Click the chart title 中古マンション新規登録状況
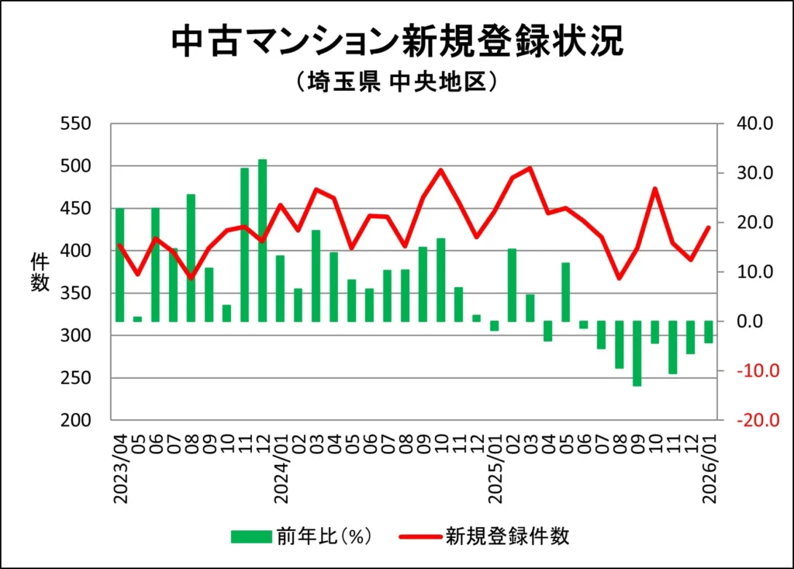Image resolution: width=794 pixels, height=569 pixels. [396, 43]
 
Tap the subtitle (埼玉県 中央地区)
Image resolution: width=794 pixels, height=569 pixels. [396, 82]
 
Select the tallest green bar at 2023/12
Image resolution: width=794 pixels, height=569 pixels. [262, 241]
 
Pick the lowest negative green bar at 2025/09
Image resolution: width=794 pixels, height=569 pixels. [637, 353]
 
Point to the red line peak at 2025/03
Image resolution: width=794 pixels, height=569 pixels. [530, 168]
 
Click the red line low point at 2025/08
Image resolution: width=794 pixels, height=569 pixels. [619, 278]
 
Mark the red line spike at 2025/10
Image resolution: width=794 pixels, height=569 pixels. [655, 189]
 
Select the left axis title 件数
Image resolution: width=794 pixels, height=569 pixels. [40, 272]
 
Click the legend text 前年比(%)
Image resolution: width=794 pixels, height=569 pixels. [322, 536]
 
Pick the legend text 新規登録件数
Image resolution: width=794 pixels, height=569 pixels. [507, 536]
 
